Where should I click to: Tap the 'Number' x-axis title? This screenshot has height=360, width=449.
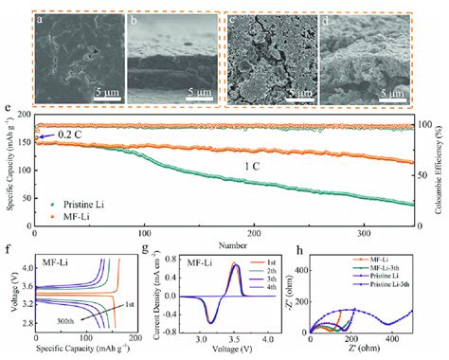coord(224,243)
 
